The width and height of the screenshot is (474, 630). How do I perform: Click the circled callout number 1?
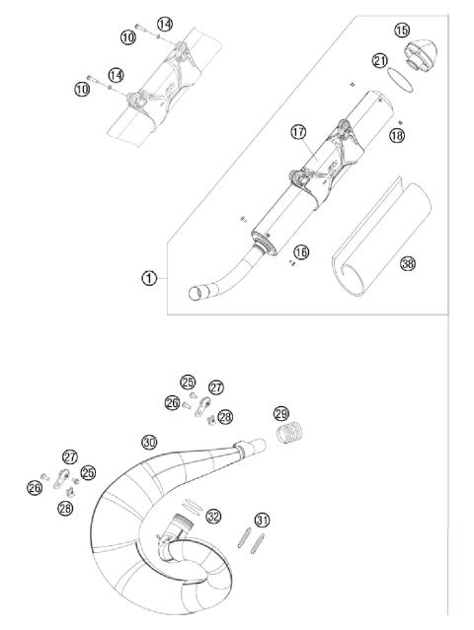148,278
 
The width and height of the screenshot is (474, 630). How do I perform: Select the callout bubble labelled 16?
301,252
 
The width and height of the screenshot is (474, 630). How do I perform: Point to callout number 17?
298,131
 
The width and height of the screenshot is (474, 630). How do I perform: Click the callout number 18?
397,135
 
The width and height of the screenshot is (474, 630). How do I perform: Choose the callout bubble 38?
407,263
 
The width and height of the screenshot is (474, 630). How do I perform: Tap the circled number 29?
280,413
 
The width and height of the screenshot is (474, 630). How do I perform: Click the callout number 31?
262,520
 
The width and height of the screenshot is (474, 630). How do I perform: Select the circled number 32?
213,516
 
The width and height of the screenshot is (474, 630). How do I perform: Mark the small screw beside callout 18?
388,122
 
